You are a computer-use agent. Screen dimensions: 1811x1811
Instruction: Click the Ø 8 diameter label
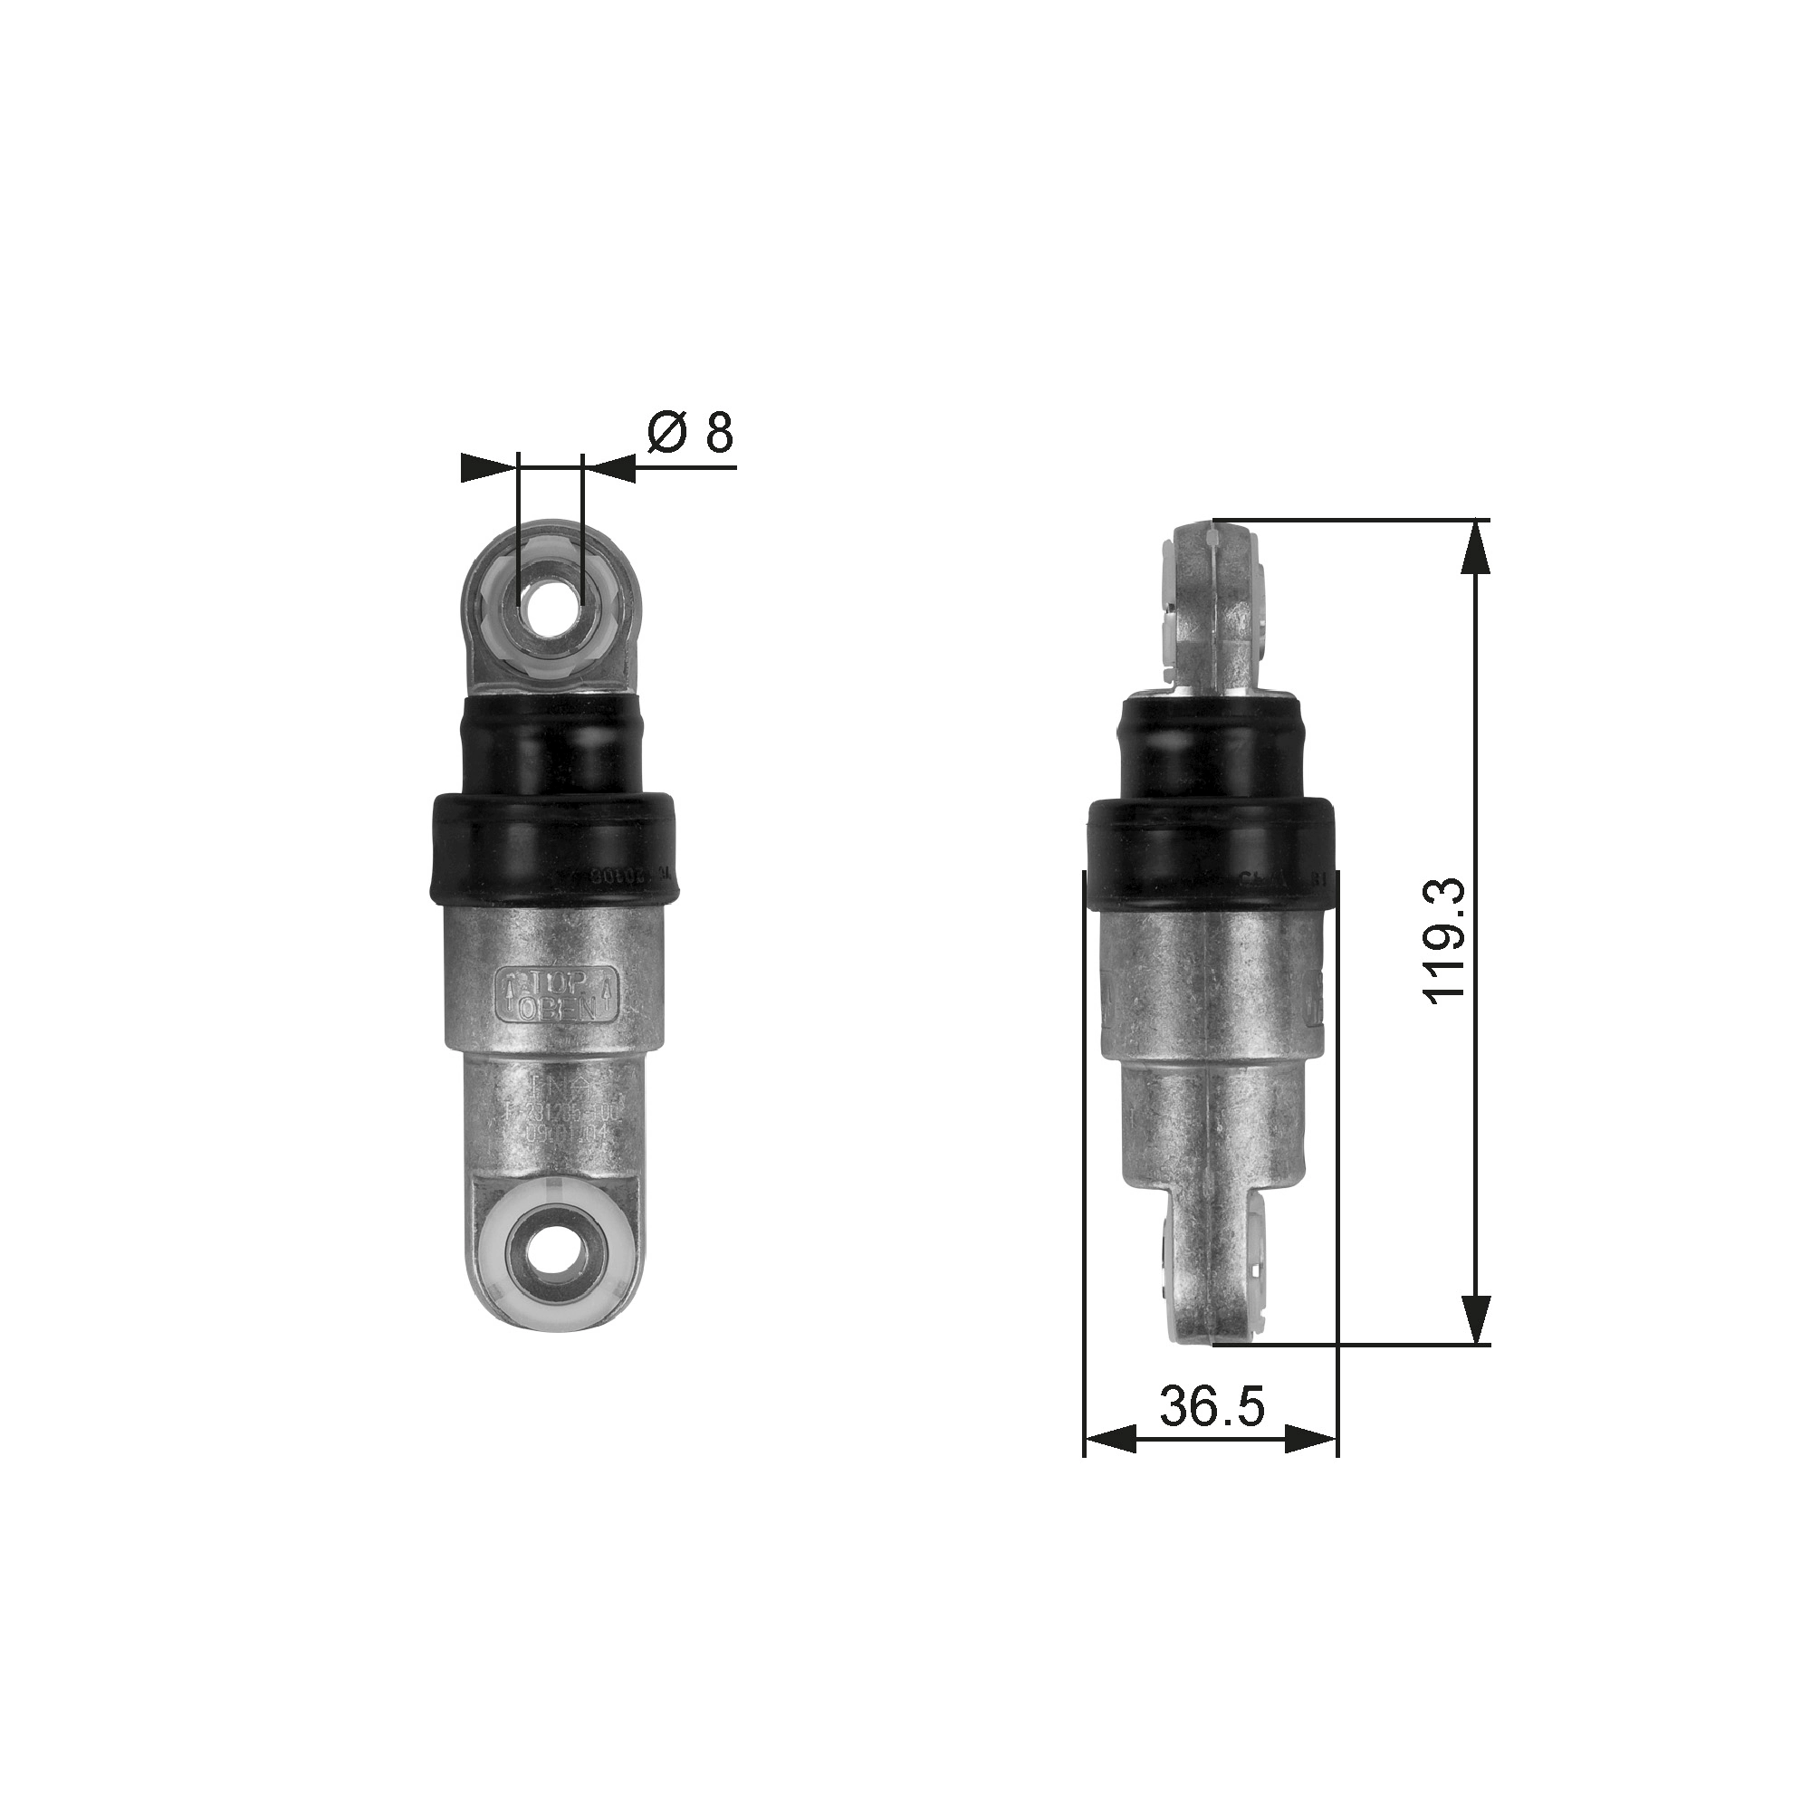tap(690, 432)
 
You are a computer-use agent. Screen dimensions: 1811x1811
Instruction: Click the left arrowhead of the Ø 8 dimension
tap(489, 468)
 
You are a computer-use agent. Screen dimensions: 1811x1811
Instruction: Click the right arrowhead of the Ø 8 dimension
tap(609, 468)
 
